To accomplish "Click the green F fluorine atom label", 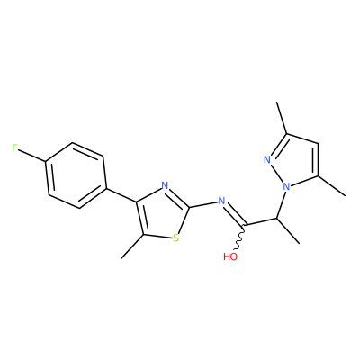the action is tap(14, 148).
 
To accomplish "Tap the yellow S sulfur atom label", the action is tap(176, 238).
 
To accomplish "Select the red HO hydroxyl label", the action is tap(230, 256).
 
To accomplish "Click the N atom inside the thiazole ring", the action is tap(165, 185).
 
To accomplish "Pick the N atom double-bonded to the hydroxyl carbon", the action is tap(221, 201).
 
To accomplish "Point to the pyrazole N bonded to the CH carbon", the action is tap(287, 187).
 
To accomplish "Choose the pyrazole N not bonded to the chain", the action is tap(267, 159).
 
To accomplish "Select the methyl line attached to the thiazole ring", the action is tap(132, 247).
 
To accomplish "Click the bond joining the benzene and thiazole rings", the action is tap(121, 195).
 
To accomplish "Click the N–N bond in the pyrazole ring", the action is tap(277, 174).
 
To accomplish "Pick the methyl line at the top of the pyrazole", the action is tap(282, 118).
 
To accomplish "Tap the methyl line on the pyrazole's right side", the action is tap(331, 186).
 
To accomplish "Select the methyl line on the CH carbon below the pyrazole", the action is tap(288, 230).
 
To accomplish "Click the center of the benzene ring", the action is tap(76, 175).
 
